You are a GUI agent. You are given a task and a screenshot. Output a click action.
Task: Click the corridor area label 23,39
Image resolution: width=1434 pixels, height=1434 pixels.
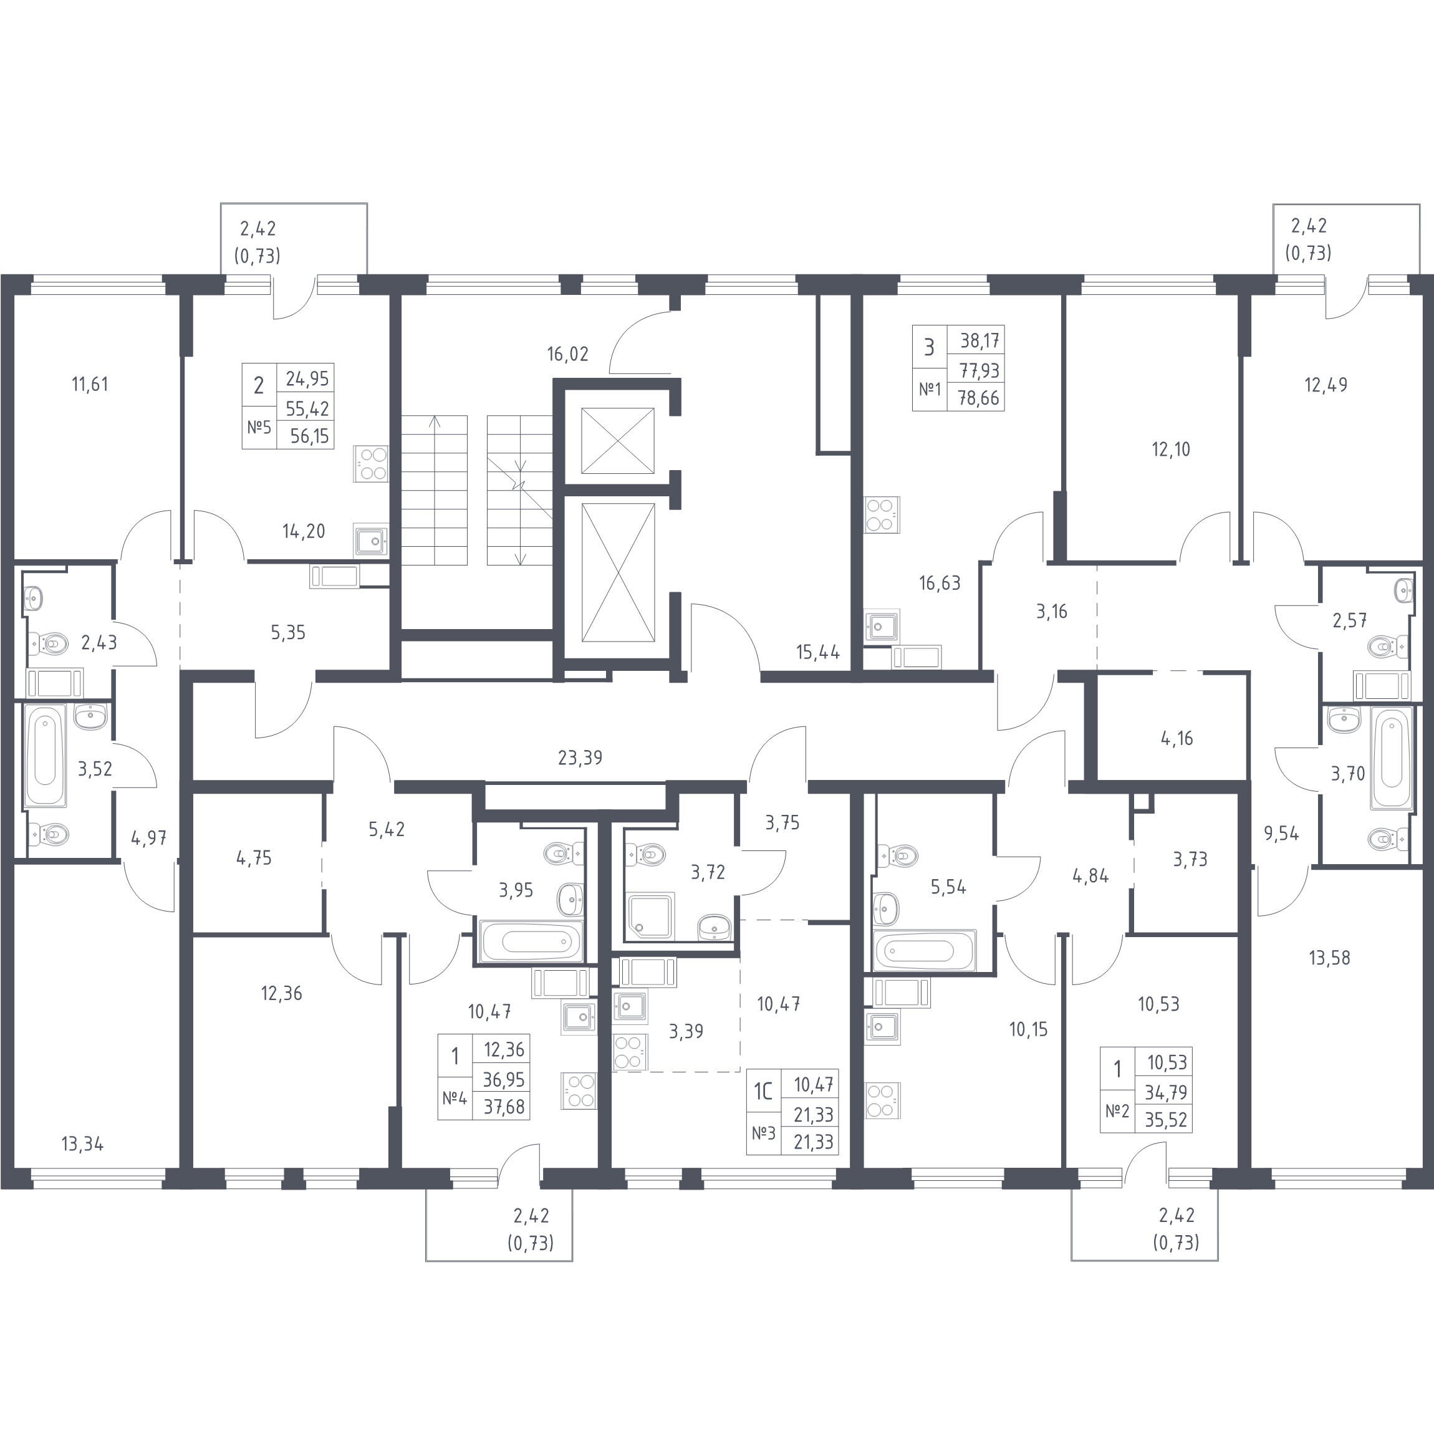coord(580,758)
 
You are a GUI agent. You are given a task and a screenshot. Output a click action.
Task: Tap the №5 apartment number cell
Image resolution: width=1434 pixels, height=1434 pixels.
coord(259,428)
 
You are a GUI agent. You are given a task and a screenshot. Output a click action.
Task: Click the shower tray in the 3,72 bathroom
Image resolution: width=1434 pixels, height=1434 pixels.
coord(651,915)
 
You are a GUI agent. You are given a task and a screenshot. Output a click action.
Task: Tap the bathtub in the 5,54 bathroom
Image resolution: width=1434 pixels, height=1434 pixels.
coord(924,950)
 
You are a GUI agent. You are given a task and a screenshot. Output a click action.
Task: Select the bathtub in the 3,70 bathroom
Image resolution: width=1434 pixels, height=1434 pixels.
coord(1391,757)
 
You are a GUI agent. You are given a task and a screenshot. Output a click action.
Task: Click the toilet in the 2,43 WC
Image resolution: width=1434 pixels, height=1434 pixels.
coord(48,643)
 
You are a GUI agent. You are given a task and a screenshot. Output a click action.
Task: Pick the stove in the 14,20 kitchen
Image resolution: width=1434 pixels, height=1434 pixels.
coord(370,463)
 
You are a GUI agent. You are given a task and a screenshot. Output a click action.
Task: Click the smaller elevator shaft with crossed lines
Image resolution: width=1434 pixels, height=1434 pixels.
coord(617,440)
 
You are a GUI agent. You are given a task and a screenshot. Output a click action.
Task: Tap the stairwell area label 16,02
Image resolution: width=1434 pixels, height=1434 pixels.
coord(568,354)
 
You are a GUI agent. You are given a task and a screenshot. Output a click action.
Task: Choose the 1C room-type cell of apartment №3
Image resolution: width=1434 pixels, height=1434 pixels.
coord(764,1091)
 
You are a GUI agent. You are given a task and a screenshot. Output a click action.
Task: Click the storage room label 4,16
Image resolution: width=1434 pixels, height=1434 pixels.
coord(1177,738)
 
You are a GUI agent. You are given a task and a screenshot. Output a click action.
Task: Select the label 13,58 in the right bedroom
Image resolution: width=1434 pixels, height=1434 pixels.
coord(1329,958)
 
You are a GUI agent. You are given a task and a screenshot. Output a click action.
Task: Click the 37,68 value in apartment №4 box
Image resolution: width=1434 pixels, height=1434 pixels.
coord(504,1107)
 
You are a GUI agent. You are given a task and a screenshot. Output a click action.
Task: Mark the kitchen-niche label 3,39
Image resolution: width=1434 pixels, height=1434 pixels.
coord(686,1031)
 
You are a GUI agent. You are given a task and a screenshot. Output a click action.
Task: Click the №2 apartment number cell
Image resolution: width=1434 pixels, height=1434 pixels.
coord(1117,1111)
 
